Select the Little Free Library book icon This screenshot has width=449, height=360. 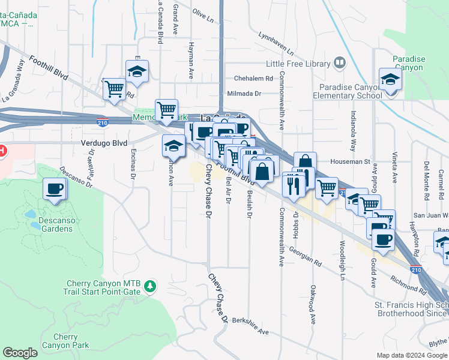coord(339,62)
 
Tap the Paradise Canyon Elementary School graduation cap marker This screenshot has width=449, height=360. coord(390,80)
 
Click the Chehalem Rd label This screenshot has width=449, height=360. coord(253,78)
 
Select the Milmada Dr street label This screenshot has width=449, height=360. coord(244,94)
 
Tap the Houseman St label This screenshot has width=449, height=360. coord(351,161)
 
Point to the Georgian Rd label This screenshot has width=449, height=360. coord(305,256)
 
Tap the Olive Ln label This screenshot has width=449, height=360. coord(203,15)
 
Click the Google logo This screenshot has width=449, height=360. coord(20,353)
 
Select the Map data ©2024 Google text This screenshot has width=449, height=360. coord(411,355)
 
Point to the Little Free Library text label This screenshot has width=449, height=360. coord(297,64)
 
